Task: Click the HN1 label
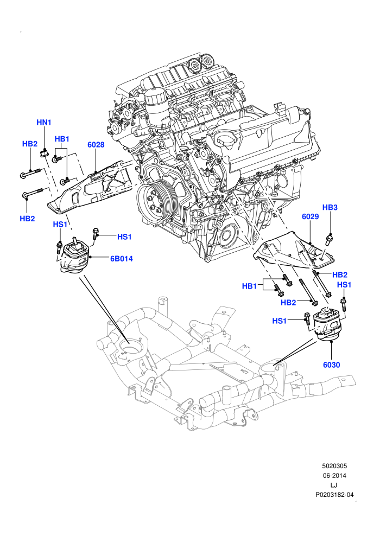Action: [x=44, y=122]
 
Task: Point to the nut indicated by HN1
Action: [x=43, y=153]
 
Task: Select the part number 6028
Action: [x=96, y=144]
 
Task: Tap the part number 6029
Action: [x=311, y=216]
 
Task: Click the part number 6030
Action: [x=331, y=365]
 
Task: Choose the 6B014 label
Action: [x=121, y=259]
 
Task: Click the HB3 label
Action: [x=330, y=207]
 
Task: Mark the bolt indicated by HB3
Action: [x=329, y=239]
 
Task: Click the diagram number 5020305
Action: [x=334, y=466]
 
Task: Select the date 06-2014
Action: [x=334, y=475]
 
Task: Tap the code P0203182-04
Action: [x=334, y=495]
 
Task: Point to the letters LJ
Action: [x=334, y=485]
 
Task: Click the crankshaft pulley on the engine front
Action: [x=156, y=202]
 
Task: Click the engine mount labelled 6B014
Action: [x=74, y=257]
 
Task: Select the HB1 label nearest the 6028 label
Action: [x=62, y=139]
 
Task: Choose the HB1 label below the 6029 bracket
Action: [x=250, y=286]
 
